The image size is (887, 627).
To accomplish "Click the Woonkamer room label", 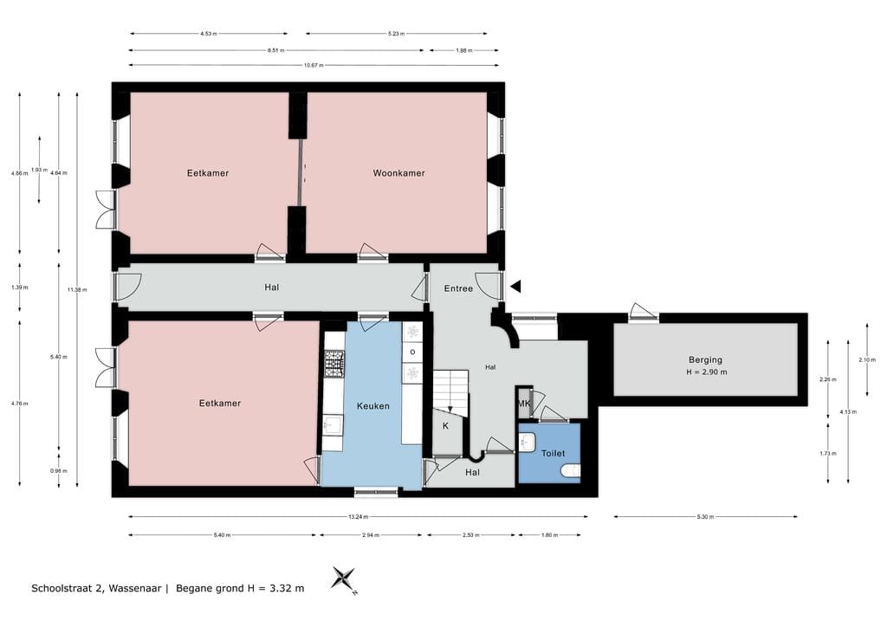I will [x=398, y=173].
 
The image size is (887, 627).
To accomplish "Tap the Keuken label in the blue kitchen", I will [x=372, y=405].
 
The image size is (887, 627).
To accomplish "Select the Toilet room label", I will [x=553, y=453].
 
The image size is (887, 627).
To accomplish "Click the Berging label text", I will [x=705, y=359].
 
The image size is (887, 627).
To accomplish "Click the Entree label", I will [x=458, y=288].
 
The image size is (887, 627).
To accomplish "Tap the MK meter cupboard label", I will [x=524, y=404].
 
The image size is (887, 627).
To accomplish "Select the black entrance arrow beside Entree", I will [x=515, y=287].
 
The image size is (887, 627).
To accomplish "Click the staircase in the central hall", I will [x=450, y=390].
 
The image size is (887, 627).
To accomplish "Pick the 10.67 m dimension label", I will [x=314, y=65].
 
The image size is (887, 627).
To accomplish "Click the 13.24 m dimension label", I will [x=358, y=517].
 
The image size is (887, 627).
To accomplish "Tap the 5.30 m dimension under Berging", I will [x=705, y=517].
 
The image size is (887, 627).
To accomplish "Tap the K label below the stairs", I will [x=445, y=426].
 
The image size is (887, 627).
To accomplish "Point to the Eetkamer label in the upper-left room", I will [x=208, y=173].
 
